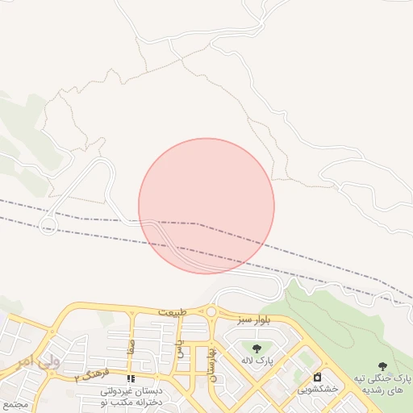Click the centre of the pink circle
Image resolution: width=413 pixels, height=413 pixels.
[206, 206]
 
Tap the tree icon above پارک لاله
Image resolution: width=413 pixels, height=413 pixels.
[257, 348]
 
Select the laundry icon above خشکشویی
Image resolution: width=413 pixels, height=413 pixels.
[318, 377]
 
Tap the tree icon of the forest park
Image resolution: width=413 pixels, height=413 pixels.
[382, 367]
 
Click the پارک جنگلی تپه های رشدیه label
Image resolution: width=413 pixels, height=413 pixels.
[385, 384]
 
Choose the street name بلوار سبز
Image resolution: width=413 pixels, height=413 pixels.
[254, 321]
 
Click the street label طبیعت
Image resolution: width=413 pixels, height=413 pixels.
[172, 311]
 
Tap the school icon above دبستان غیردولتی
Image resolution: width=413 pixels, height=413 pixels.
[131, 378]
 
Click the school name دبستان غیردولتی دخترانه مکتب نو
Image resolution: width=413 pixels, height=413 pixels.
[131, 395]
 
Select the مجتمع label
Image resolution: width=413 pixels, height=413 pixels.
[15, 402]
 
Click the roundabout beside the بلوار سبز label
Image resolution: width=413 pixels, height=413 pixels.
[211, 311]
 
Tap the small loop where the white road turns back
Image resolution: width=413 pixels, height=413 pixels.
[48, 224]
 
